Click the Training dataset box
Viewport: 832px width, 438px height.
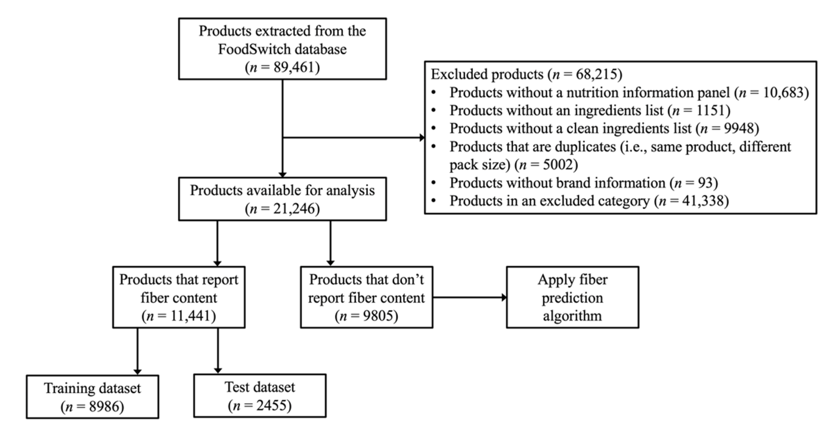(x=92, y=397)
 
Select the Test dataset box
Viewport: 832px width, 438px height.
(x=260, y=396)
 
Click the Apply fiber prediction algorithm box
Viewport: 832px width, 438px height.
(x=572, y=297)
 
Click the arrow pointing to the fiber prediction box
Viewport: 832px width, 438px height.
(x=503, y=297)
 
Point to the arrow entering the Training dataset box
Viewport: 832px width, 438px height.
(x=138, y=371)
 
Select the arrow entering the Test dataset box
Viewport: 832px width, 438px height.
(x=218, y=370)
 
